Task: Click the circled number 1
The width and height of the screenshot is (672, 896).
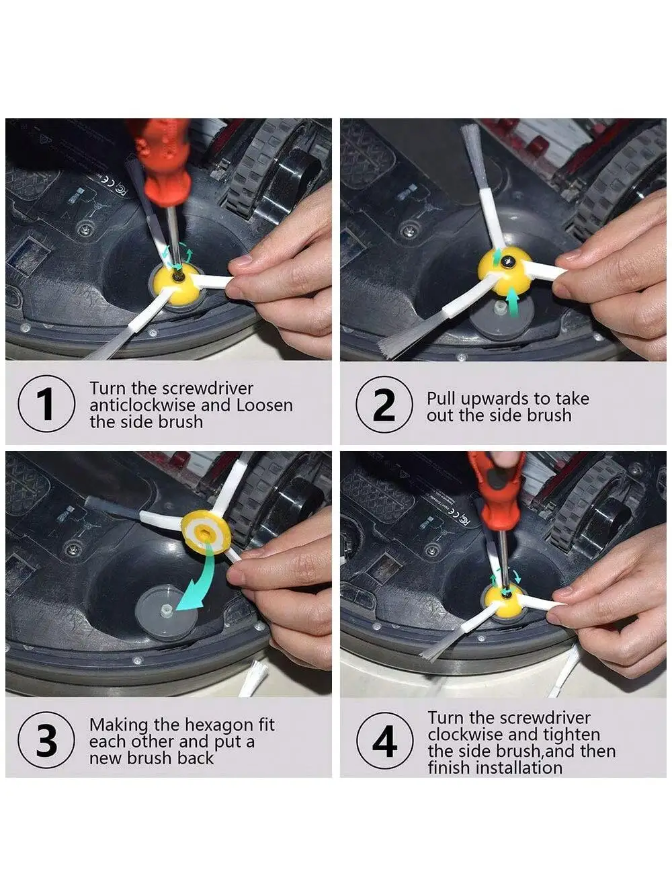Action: [46, 403]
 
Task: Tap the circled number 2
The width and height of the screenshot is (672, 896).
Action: [384, 404]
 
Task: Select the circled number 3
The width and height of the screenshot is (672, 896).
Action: [46, 739]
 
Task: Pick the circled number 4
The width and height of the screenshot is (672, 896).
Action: [384, 741]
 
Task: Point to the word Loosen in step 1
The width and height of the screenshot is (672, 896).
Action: [265, 405]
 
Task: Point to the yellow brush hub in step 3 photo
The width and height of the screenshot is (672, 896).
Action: [206, 533]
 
